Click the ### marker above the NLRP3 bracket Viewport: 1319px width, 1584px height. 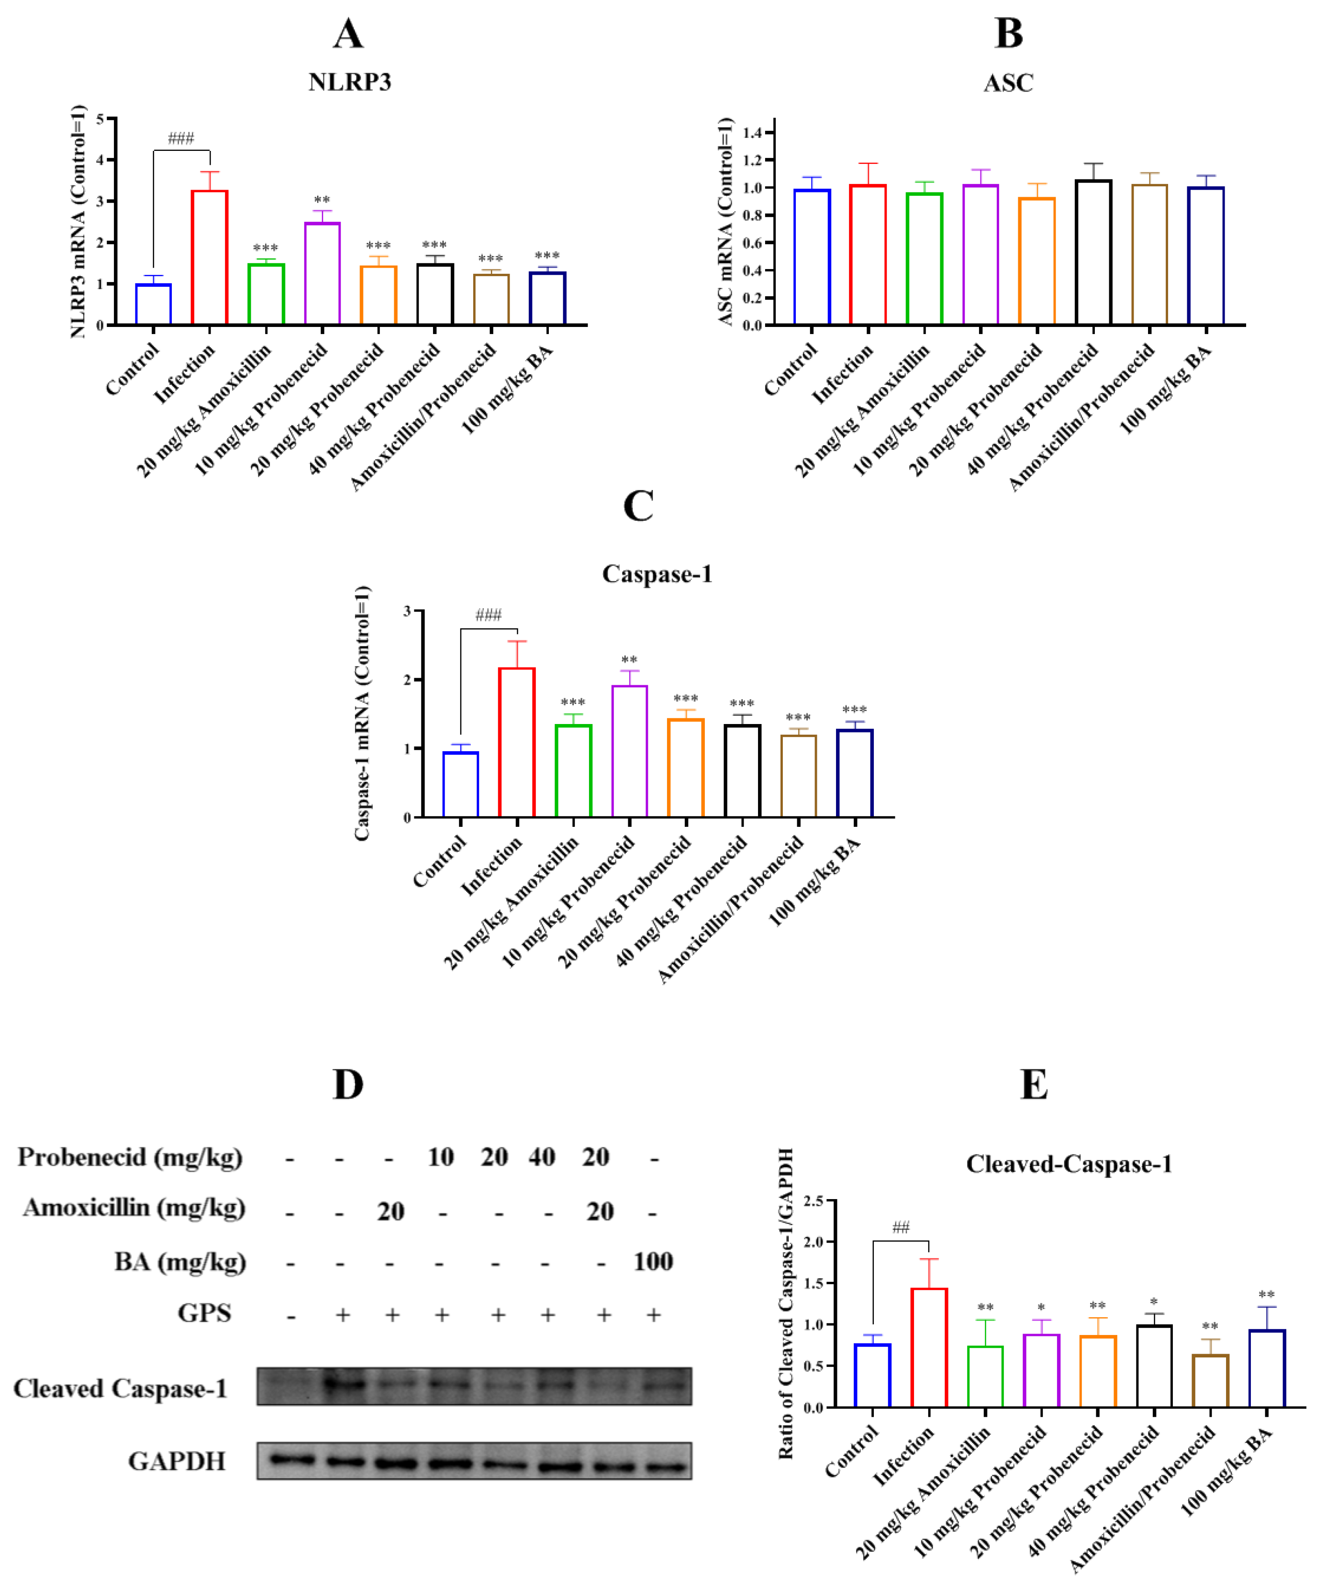click(x=181, y=138)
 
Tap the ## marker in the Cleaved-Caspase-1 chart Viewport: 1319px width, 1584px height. click(x=901, y=1227)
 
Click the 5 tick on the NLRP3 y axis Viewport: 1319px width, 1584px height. click(x=100, y=119)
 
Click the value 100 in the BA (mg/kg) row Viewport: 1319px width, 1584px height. click(x=653, y=1262)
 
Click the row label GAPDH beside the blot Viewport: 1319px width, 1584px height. click(x=177, y=1462)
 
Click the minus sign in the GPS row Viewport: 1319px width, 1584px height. click(x=291, y=1317)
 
